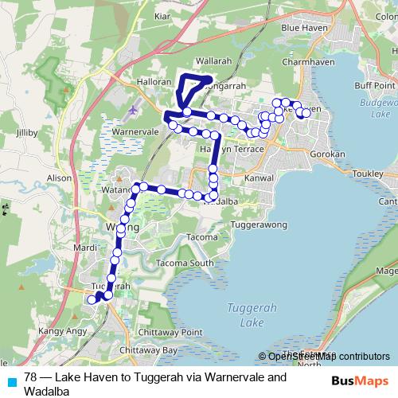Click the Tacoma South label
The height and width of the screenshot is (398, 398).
point(185,263)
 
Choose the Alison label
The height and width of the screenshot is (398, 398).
point(60,179)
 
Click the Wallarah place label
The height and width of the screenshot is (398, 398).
point(213,60)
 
